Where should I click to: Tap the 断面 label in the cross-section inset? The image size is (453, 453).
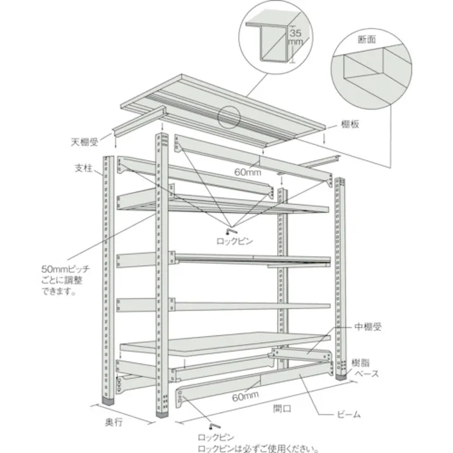pos(367,39)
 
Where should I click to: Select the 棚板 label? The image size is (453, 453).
pos(351,125)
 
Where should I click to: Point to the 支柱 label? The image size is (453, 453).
pos(83,168)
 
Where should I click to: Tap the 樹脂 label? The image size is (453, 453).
pos(361,363)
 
